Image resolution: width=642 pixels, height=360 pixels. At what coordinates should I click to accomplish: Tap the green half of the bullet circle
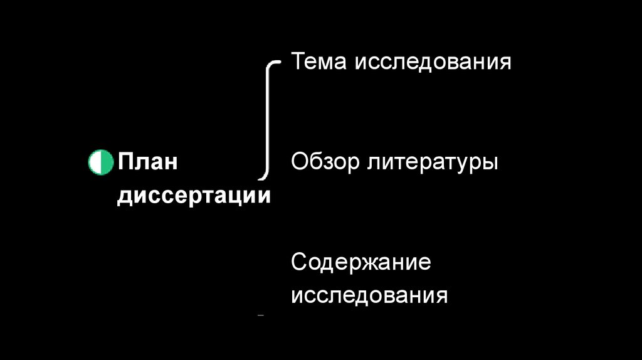[94, 162]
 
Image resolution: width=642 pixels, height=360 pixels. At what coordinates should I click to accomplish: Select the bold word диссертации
[194, 196]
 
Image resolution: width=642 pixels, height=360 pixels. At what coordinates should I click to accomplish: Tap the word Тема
[319, 62]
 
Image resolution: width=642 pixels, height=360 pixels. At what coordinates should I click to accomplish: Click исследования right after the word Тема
[434, 62]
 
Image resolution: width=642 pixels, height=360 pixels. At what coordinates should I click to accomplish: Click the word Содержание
[360, 262]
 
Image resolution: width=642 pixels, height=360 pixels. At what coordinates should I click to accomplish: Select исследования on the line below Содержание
[369, 295]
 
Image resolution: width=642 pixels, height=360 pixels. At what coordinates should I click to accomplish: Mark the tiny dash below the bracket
[261, 315]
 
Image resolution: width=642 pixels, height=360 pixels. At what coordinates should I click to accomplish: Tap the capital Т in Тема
[298, 62]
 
